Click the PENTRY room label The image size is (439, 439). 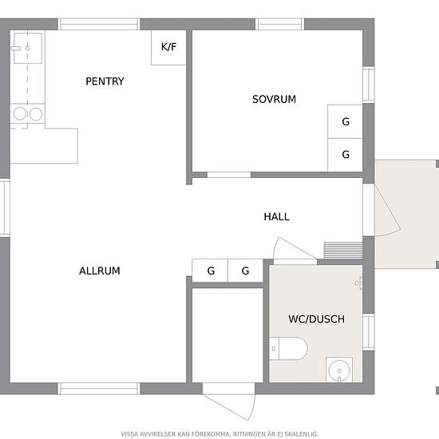(105, 81)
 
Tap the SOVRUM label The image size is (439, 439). (274, 100)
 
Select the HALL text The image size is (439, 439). (276, 216)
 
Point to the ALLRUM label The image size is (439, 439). (100, 271)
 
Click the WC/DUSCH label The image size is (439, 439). (316, 319)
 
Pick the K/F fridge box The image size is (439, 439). (168, 48)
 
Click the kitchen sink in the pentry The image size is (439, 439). (28, 48)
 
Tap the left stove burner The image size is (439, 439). (20, 113)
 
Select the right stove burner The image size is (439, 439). (36, 114)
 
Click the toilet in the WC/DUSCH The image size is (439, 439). (288, 349)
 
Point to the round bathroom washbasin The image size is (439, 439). (339, 370)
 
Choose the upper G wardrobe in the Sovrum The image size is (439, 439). (345, 121)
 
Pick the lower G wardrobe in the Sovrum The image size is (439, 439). (345, 155)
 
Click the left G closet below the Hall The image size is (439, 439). (210, 271)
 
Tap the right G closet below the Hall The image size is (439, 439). (246, 271)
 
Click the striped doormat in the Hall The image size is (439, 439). (343, 251)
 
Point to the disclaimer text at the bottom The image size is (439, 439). (219, 434)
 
